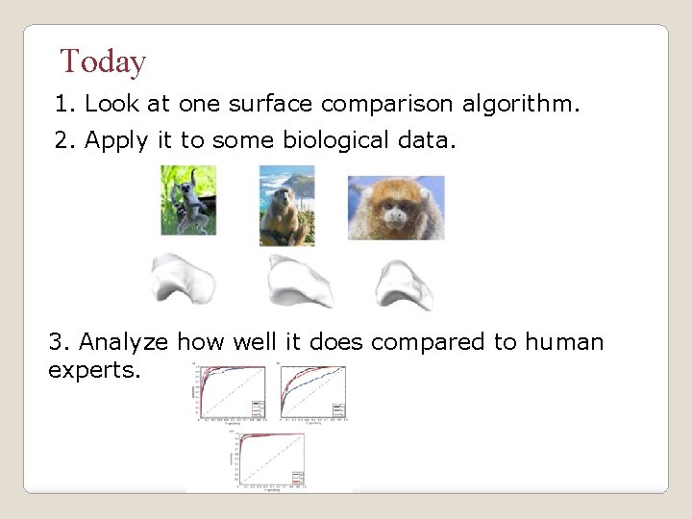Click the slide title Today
(103, 62)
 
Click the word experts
(94, 370)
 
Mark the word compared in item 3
(428, 342)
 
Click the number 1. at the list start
(65, 104)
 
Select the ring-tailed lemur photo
(188, 200)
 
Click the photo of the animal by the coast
(286, 205)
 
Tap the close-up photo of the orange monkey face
(396, 208)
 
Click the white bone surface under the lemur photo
(183, 279)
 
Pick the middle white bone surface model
(299, 282)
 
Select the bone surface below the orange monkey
(404, 285)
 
